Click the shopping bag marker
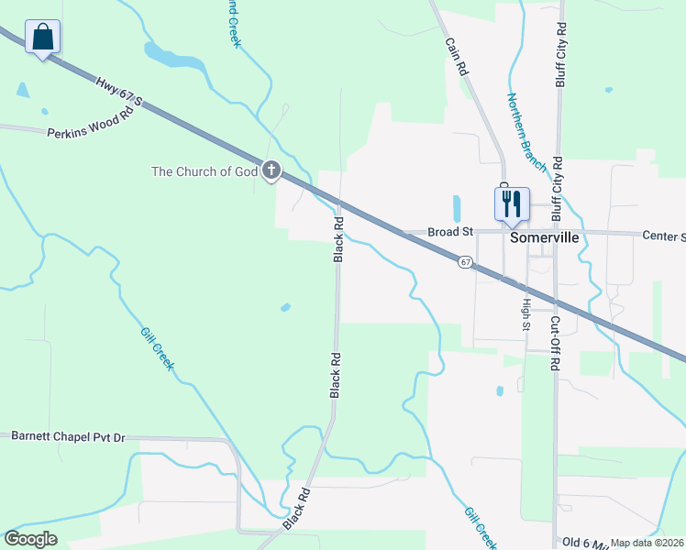click(x=42, y=38)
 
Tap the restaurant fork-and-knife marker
click(x=512, y=203)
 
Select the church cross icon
click(x=271, y=170)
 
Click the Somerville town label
click(x=545, y=237)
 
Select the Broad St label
click(x=450, y=233)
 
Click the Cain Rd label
click(x=457, y=56)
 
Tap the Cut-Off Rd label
click(x=555, y=343)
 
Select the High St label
click(x=526, y=313)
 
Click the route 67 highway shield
click(x=466, y=262)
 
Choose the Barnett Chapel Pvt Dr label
click(x=68, y=437)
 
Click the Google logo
click(x=30, y=539)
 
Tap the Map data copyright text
click(x=647, y=543)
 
